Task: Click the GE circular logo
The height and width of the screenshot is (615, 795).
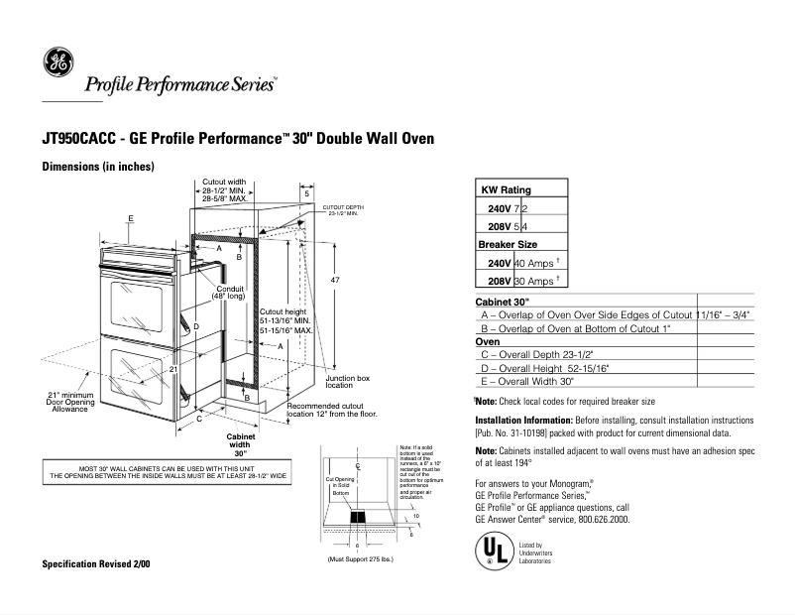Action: tap(58, 64)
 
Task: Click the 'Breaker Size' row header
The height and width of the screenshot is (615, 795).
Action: tap(508, 244)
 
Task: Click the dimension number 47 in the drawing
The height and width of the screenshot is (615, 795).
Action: tap(335, 282)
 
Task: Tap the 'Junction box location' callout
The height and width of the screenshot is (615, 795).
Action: tap(347, 381)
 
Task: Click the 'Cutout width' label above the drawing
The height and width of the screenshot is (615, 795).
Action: tap(224, 183)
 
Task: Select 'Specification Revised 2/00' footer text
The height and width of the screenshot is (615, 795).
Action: tap(96, 563)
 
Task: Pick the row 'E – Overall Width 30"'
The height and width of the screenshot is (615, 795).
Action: tap(527, 381)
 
